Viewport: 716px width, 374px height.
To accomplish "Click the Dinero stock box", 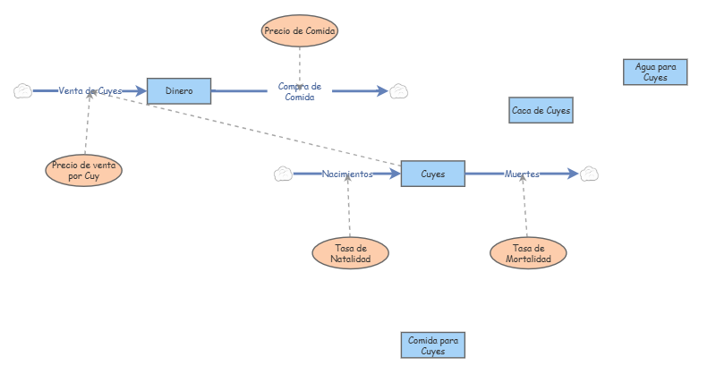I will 179,90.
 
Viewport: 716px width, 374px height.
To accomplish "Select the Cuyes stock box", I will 433,174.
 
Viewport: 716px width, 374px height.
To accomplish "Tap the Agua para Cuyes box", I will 655,72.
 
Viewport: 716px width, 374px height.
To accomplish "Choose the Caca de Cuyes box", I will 541,110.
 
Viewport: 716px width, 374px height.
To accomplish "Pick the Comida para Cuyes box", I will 433,345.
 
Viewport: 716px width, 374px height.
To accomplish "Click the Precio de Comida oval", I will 300,31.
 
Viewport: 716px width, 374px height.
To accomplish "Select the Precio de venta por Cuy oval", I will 83,170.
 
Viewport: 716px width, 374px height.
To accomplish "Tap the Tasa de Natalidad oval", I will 351,253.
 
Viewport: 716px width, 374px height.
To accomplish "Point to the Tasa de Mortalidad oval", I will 528,253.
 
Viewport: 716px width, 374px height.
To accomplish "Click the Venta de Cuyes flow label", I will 89,90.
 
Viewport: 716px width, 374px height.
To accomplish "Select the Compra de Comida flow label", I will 300,91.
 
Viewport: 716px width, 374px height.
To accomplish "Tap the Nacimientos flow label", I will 347,174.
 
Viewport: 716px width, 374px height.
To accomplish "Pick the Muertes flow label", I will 522,174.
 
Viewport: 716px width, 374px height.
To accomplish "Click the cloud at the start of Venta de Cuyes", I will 23,90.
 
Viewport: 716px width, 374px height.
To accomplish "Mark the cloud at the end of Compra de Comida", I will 399,90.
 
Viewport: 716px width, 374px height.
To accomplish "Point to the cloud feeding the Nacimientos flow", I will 283,174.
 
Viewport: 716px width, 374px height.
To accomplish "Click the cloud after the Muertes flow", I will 589,174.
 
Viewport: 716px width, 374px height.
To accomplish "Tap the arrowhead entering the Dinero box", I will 140,90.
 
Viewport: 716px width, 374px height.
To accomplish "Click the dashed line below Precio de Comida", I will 300,63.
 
